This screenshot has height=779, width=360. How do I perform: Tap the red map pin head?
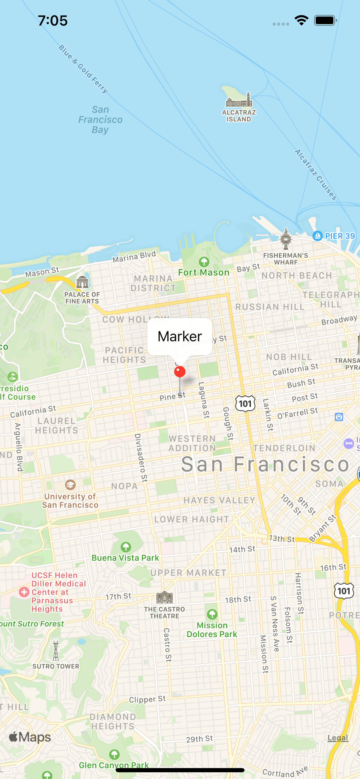[180, 372]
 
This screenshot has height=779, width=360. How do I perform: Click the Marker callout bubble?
[179, 336]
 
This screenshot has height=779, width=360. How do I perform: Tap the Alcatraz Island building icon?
[239, 100]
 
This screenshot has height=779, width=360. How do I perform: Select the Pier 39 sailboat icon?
[318, 236]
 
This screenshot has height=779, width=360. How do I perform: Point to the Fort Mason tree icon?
[204, 261]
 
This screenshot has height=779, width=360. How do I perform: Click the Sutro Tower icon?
[56, 650]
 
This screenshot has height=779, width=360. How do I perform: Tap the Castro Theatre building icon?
[164, 597]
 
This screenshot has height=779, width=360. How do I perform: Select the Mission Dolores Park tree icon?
[212, 614]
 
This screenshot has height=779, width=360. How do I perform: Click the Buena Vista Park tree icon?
[126, 547]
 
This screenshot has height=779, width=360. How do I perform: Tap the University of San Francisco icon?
[70, 485]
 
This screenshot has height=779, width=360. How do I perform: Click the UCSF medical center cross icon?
[24, 592]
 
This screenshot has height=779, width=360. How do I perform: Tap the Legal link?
[338, 737]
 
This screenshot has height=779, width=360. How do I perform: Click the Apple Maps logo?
[30, 737]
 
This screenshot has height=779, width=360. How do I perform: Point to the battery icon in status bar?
[325, 20]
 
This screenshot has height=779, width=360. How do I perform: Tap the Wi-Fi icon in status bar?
[301, 20]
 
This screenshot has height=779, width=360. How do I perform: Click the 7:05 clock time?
[53, 20]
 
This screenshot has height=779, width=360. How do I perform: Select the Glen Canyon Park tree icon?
[114, 754]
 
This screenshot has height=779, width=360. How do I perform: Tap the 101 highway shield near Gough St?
[245, 404]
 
